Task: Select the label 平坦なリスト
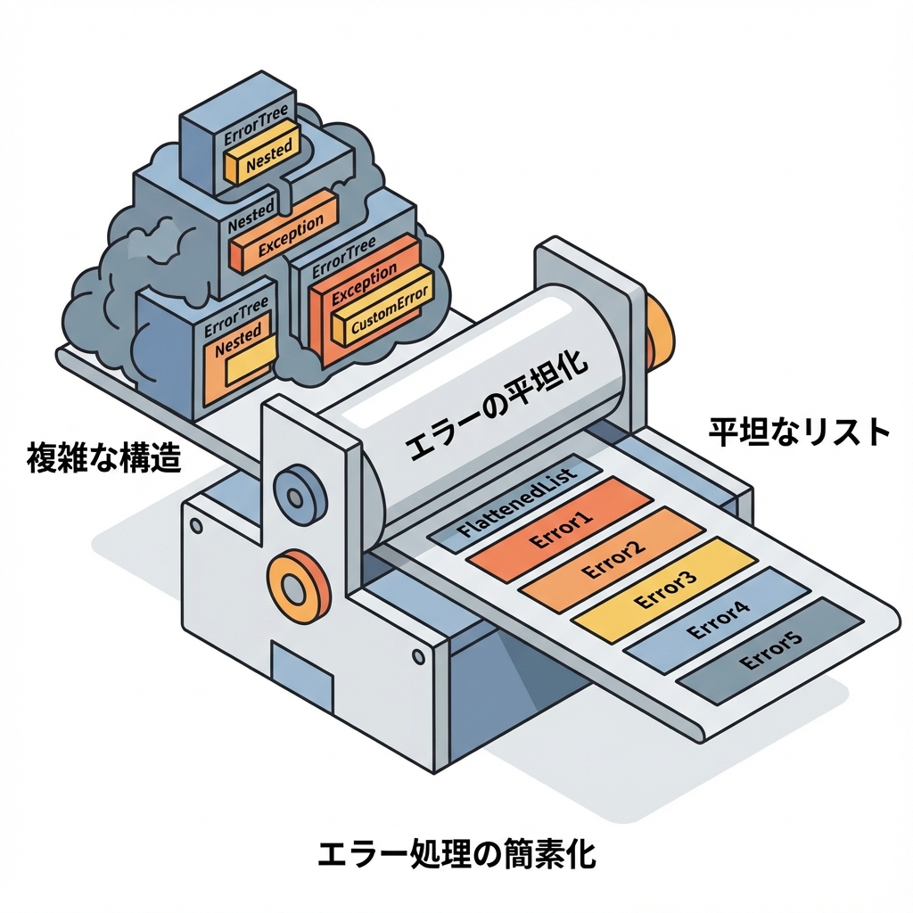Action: pos(799,432)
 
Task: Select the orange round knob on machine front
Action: pos(294,583)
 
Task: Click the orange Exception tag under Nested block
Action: pos(284,235)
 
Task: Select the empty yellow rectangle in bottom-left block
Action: pos(246,367)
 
